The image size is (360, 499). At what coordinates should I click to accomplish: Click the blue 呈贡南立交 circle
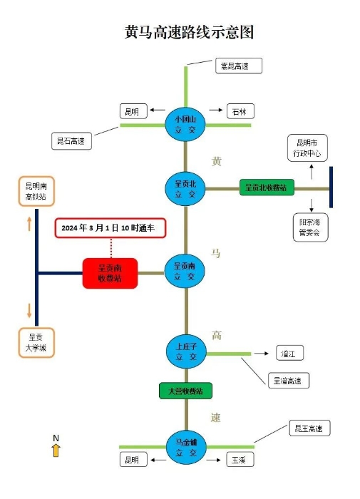[185, 272]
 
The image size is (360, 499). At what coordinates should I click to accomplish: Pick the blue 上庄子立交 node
[185, 352]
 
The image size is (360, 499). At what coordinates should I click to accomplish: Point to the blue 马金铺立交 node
[185, 448]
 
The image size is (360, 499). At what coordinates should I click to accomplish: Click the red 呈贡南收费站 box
[110, 273]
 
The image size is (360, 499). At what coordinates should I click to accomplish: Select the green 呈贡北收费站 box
[266, 187]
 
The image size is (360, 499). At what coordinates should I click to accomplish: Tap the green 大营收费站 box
[185, 391]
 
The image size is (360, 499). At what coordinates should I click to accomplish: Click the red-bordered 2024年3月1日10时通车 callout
[110, 227]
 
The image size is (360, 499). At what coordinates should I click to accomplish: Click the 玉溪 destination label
[237, 460]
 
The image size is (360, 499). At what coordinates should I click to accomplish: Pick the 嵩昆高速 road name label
[238, 66]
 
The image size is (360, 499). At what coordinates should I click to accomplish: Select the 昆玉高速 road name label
[309, 429]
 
